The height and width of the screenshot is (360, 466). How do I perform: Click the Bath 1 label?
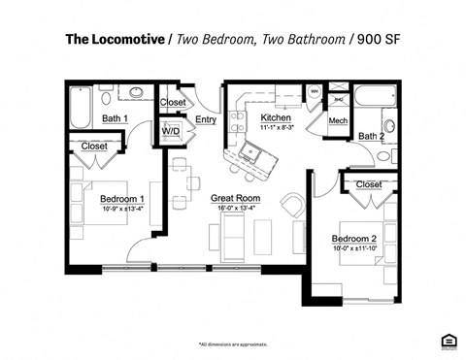(116, 119)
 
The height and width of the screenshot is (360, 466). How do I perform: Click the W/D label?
(171, 130)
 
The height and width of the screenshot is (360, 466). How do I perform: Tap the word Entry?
(205, 119)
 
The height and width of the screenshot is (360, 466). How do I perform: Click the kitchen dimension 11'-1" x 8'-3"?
(277, 128)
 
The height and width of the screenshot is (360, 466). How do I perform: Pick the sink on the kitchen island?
(254, 152)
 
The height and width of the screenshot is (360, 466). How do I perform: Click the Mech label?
(338, 120)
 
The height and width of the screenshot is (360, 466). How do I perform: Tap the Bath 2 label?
(371, 137)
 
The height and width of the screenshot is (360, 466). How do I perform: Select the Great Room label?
(235, 198)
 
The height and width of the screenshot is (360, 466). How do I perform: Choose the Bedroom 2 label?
(352, 239)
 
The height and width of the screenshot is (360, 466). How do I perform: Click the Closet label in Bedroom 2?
(369, 184)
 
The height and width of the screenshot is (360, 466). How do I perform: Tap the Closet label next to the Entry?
(172, 102)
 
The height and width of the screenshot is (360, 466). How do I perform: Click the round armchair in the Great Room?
(291, 206)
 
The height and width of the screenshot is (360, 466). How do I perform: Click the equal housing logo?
(448, 340)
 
